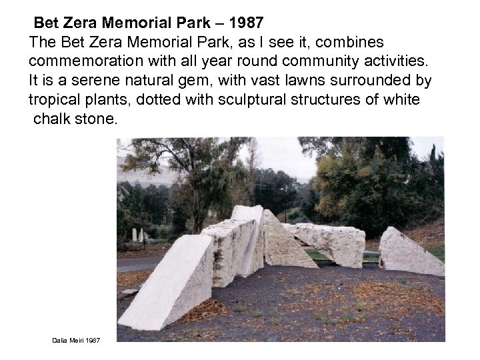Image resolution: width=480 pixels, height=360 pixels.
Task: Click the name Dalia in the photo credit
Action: (59, 341)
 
